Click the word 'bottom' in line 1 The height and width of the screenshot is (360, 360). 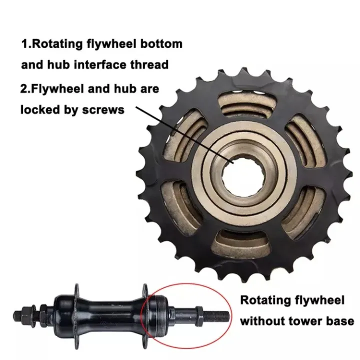tap(158, 43)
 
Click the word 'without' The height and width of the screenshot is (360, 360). tap(262, 321)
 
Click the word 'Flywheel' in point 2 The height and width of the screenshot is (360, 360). tap(56, 88)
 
